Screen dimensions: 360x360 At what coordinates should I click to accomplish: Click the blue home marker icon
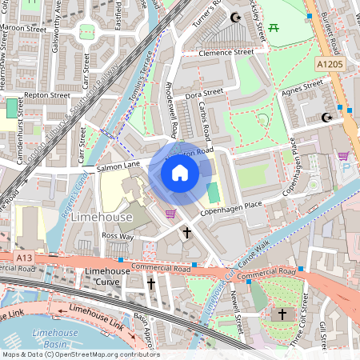180,173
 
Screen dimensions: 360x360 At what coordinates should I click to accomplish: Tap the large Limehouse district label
101,218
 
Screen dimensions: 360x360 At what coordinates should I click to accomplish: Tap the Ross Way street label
118,236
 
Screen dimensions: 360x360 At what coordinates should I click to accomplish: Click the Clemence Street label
227,52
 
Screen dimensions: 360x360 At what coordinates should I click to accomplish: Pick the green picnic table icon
274,28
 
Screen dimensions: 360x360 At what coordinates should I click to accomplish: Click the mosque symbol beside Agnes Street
326,118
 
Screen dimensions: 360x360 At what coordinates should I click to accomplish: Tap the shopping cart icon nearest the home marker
170,213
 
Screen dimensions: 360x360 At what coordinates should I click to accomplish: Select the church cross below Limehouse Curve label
151,283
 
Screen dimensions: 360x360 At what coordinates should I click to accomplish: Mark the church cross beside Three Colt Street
282,314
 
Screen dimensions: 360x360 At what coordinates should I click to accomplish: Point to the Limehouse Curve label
107,277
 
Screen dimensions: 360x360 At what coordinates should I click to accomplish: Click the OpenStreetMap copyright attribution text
80,354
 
